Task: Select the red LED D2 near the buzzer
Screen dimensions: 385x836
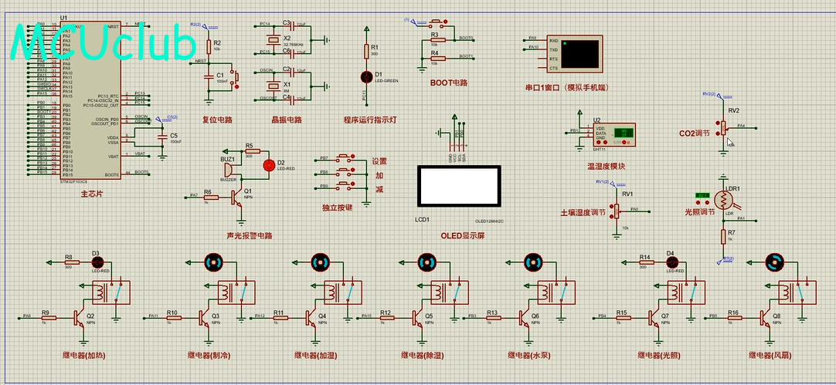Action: [269, 164]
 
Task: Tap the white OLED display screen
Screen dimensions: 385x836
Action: [458, 185]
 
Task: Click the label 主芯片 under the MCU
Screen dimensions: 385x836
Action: [91, 194]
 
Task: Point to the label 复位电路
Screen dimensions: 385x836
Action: [217, 120]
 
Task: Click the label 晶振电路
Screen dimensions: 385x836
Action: [287, 120]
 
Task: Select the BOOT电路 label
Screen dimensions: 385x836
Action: [449, 83]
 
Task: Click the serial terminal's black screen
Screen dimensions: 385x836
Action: [580, 53]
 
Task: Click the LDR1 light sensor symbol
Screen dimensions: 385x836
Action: [725, 200]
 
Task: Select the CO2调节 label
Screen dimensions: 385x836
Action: [694, 133]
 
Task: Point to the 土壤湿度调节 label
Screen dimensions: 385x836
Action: [583, 212]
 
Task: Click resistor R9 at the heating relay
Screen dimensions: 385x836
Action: [45, 316]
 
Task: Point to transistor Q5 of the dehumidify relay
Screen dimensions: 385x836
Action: [417, 317]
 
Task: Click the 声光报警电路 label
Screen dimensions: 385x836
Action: [250, 235]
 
